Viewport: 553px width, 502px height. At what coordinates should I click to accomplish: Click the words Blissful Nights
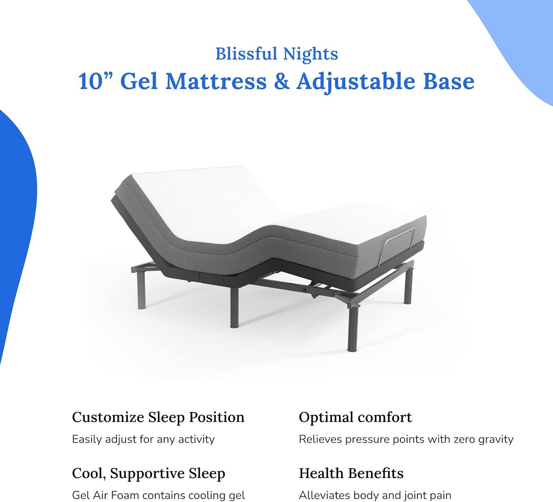coord(276,54)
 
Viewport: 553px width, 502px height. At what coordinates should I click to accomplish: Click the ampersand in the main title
coord(281,81)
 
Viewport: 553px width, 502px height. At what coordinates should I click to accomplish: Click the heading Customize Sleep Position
coord(158,417)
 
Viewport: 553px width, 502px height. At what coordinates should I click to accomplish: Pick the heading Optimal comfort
coord(355,417)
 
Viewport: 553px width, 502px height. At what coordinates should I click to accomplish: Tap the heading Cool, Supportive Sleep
coord(149,474)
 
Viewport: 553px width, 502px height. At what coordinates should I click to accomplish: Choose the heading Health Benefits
coord(351,473)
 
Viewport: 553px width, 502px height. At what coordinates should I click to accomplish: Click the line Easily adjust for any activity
coord(143,439)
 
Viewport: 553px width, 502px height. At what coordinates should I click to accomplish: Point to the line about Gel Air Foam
coord(158,496)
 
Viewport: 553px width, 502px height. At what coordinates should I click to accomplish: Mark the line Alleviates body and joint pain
coord(375,496)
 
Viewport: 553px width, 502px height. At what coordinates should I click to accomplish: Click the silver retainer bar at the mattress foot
coord(398,240)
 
